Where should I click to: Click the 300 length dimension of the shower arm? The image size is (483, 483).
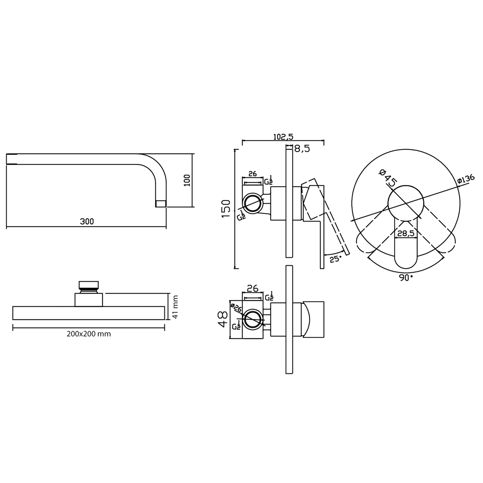click(87, 221)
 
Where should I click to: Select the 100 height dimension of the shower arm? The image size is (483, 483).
click(187, 180)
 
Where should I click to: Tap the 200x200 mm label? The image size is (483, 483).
click(89, 334)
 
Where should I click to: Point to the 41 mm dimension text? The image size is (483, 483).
click(175, 307)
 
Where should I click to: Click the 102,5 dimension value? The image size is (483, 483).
click(283, 137)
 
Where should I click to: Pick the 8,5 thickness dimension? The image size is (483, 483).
click(302, 149)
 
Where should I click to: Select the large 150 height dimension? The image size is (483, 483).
click(226, 209)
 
